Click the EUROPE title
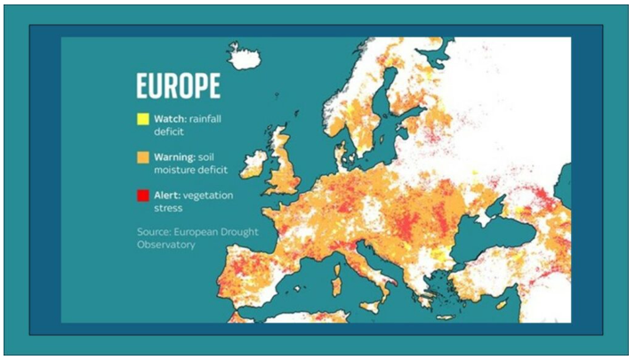coord(178,86)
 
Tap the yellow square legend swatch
coord(142,119)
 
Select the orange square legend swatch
coord(142,157)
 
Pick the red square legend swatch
coord(142,196)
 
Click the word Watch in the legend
coord(168,119)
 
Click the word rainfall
coord(211,119)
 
